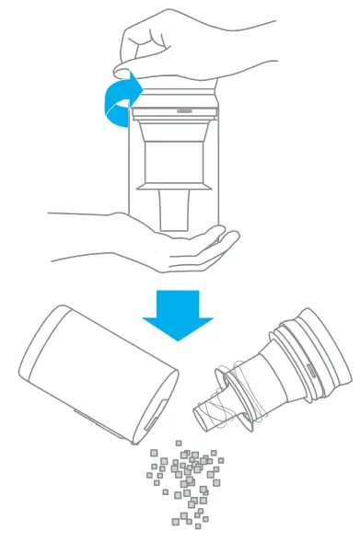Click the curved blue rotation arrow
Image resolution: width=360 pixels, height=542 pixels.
(118, 99)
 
